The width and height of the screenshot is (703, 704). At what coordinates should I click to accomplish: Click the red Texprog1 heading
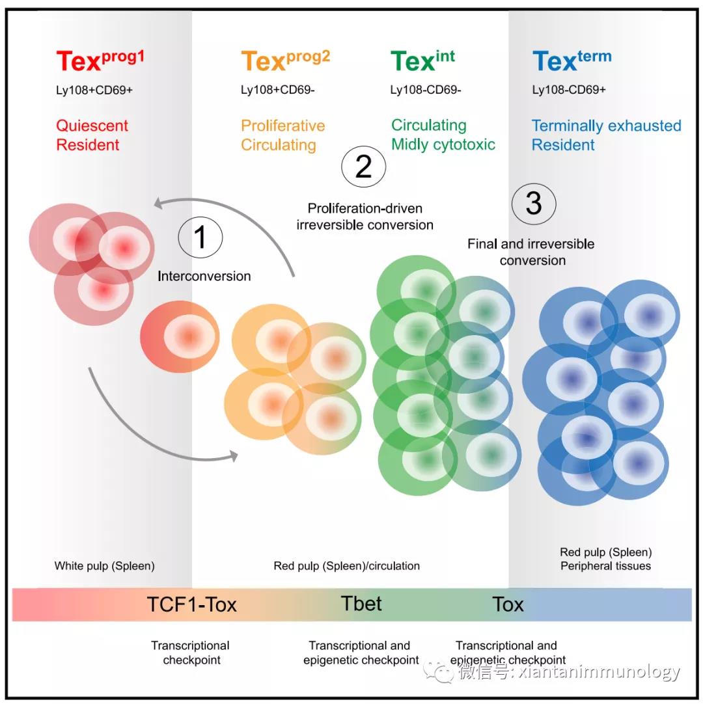click(x=100, y=61)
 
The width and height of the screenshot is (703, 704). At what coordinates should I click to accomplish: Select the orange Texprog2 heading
click(x=285, y=61)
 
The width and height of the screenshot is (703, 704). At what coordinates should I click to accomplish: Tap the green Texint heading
click(x=422, y=61)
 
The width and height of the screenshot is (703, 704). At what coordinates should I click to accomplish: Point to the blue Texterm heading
click(x=572, y=61)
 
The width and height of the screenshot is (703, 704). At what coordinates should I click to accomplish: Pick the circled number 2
click(x=363, y=167)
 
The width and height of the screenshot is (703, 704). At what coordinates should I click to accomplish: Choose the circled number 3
click(x=533, y=203)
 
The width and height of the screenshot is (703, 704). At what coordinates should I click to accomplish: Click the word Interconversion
click(x=204, y=276)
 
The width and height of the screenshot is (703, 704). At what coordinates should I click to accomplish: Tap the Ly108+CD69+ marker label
click(x=94, y=90)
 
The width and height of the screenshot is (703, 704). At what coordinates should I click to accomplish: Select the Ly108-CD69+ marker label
click(x=568, y=90)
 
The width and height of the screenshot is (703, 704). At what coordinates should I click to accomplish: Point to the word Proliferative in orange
click(x=283, y=126)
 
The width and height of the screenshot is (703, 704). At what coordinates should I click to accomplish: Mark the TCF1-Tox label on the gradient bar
click(x=191, y=604)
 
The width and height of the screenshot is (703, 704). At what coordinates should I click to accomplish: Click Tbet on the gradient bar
click(x=361, y=603)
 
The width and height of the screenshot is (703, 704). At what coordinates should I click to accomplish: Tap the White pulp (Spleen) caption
click(x=104, y=566)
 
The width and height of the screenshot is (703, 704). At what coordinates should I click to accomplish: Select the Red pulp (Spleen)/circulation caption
click(x=346, y=566)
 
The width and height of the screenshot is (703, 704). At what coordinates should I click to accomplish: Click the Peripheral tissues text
click(x=605, y=566)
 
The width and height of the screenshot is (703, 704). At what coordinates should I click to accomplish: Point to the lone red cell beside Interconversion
click(x=180, y=337)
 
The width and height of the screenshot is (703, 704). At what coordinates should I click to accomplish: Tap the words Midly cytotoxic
click(x=443, y=144)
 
